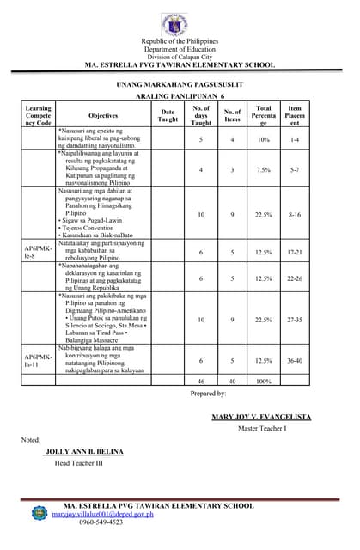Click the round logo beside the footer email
[x=40, y=513]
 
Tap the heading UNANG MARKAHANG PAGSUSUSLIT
[x=180, y=86]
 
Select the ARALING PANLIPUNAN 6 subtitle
[x=180, y=99]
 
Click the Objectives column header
[x=103, y=115]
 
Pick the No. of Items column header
[x=232, y=115]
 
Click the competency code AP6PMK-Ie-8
[x=39, y=253]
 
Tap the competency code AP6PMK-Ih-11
[x=39, y=360]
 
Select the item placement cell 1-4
[x=295, y=138]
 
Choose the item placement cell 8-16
[x=295, y=214]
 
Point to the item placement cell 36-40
[x=295, y=360]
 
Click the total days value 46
[x=200, y=381]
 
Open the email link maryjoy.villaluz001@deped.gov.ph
[x=102, y=514]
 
